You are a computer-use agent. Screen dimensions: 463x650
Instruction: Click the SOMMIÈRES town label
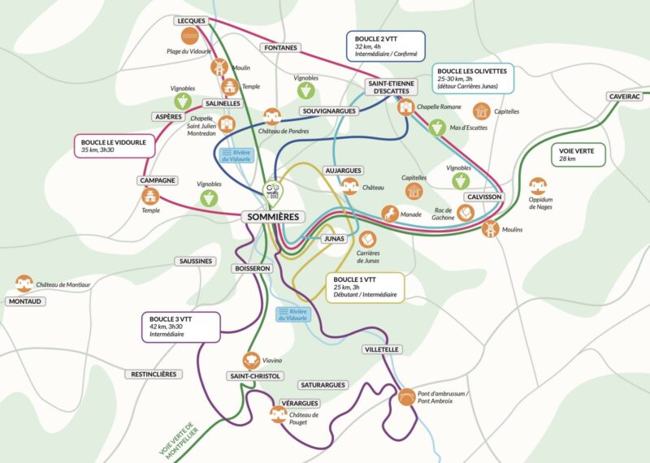pyautogui.click(x=272, y=217)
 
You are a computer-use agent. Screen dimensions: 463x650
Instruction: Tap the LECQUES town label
pyautogui.click(x=192, y=20)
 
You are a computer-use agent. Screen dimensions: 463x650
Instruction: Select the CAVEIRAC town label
pyautogui.click(x=624, y=96)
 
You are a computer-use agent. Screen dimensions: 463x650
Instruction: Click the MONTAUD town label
pyautogui.click(x=25, y=301)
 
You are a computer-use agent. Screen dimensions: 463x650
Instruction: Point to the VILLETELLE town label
pyautogui.click(x=382, y=348)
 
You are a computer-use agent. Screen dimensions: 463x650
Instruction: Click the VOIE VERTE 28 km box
pyautogui.click(x=578, y=154)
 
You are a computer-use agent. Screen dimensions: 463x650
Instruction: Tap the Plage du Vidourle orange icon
pyautogui.click(x=188, y=37)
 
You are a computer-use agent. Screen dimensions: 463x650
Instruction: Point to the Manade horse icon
pyautogui.click(x=390, y=214)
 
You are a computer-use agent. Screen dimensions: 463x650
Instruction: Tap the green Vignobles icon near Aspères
pyautogui.click(x=185, y=102)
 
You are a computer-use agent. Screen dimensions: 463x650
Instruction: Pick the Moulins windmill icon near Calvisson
pyautogui.click(x=490, y=229)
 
